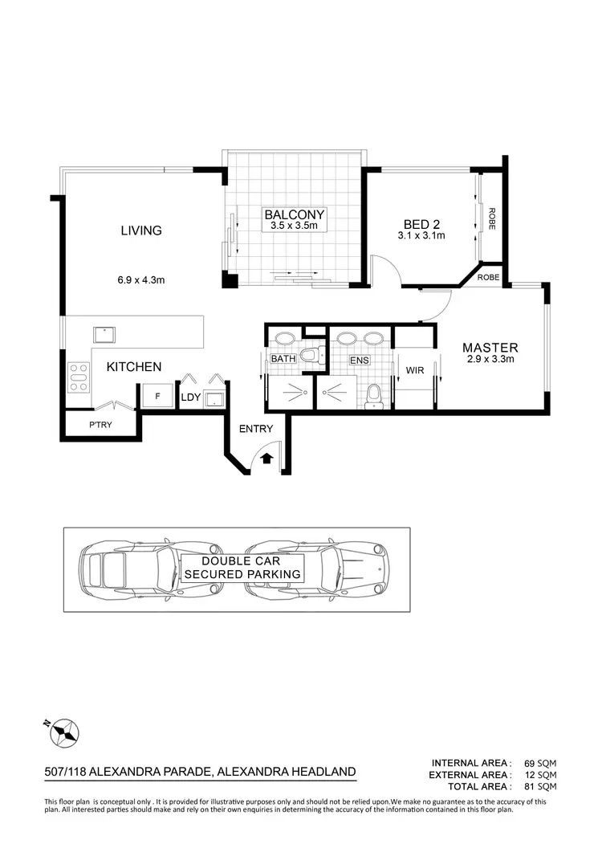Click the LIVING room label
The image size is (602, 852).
point(141,230)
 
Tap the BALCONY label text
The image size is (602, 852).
point(295,214)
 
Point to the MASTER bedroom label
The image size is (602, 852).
point(490,348)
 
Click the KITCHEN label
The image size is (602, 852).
point(134,367)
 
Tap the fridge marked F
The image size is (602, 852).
point(157,397)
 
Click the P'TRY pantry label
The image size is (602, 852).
point(100,426)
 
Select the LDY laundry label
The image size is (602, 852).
point(190,397)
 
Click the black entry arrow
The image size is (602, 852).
point(267,459)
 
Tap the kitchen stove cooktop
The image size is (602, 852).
point(79,377)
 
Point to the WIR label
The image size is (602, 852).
point(415,370)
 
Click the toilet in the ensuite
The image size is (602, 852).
point(372,396)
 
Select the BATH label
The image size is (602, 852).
point(283,359)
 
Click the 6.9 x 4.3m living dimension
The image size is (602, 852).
point(141,280)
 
